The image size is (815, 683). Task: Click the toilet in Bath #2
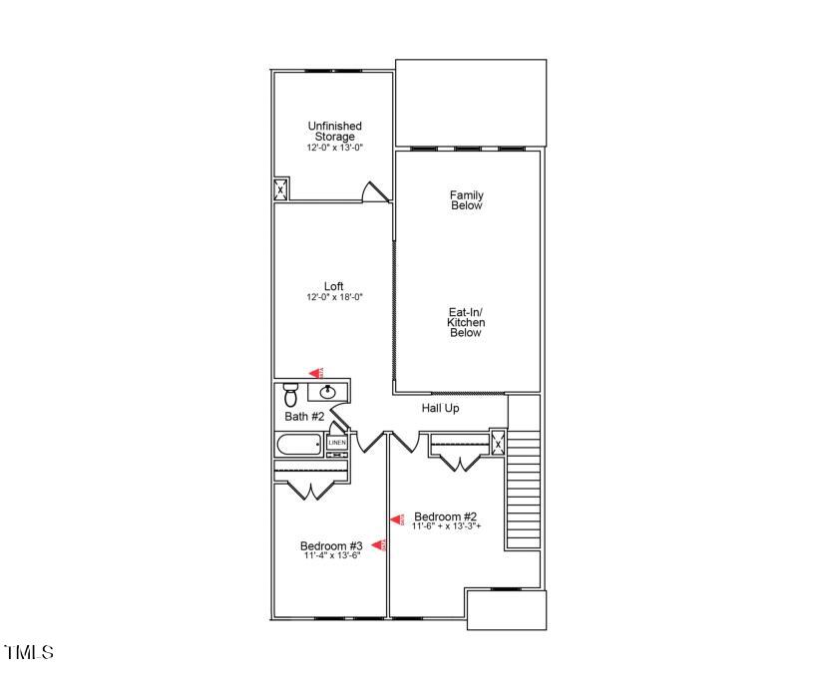tap(291, 390)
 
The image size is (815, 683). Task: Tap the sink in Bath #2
tap(328, 391)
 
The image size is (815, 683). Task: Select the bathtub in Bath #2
tap(299, 444)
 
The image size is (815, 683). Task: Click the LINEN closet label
tap(337, 442)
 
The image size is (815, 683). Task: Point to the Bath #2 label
tap(304, 417)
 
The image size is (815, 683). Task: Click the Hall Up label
tap(440, 408)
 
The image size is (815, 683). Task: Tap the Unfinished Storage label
tap(334, 132)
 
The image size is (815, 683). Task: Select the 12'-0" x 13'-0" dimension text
tap(334, 148)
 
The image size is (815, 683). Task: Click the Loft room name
tap(333, 286)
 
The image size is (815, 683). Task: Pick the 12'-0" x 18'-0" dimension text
tap(333, 297)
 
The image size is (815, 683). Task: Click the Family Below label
tap(466, 200)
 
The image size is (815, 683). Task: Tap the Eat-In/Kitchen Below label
tap(465, 322)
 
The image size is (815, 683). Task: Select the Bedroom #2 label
tap(445, 515)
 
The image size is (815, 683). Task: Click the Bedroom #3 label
tap(331, 545)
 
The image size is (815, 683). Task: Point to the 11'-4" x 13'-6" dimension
tap(331, 555)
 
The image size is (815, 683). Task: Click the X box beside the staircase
tap(497, 442)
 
